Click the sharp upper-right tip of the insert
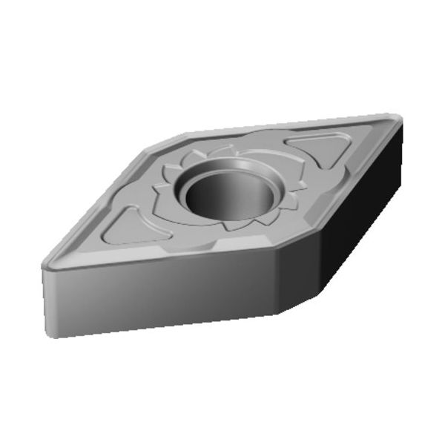[398, 119]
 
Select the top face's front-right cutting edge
[337, 185]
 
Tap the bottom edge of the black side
[341, 256]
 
